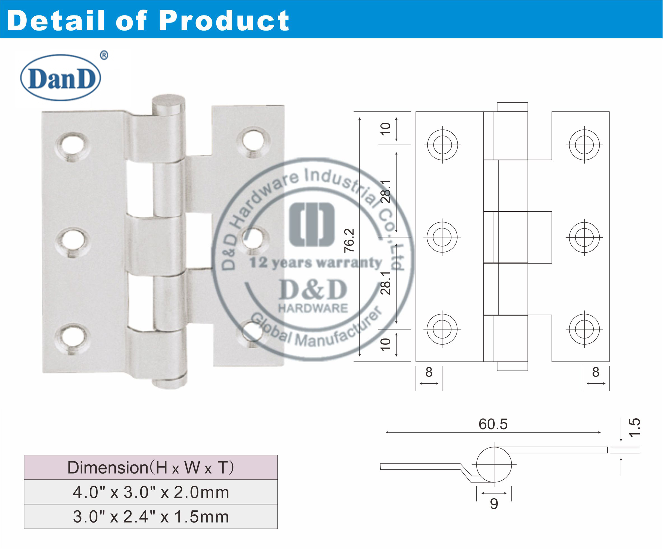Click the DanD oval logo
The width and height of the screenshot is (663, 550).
pos(61,78)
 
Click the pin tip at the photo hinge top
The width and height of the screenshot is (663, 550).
pos(168,103)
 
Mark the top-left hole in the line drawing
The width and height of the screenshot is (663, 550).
pos(443,145)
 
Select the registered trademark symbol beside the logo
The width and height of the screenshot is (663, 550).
pos(104,55)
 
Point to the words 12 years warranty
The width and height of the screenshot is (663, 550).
pos(316,262)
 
